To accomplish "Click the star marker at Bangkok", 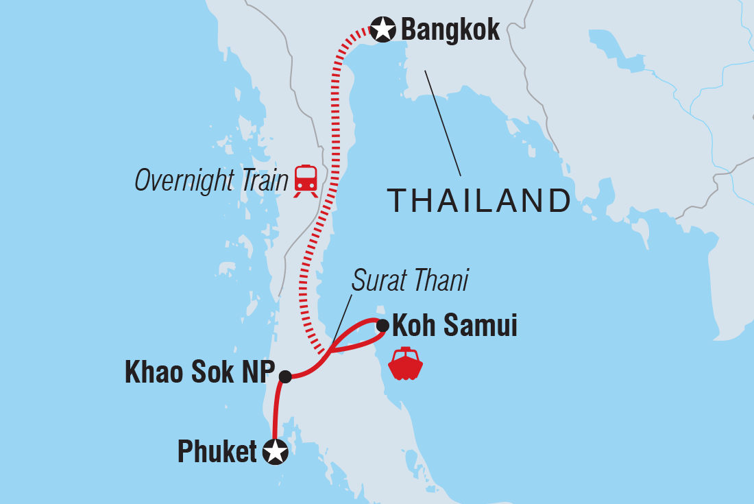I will point(382,29).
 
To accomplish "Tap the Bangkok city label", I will point(450,30).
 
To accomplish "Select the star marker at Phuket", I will point(276,451).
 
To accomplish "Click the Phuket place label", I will point(217,452).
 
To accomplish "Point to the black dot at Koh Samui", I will point(382,325).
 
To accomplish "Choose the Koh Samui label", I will point(454,325).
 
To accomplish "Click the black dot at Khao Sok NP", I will point(285,376).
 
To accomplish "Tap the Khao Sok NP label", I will point(199,375).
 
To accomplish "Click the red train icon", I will point(306,180).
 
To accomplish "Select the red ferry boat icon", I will point(405,364).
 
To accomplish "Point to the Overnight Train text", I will point(211,180).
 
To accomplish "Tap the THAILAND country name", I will point(479,200).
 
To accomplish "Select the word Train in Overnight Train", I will point(263,180).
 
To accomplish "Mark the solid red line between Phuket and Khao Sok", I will point(276,411).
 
